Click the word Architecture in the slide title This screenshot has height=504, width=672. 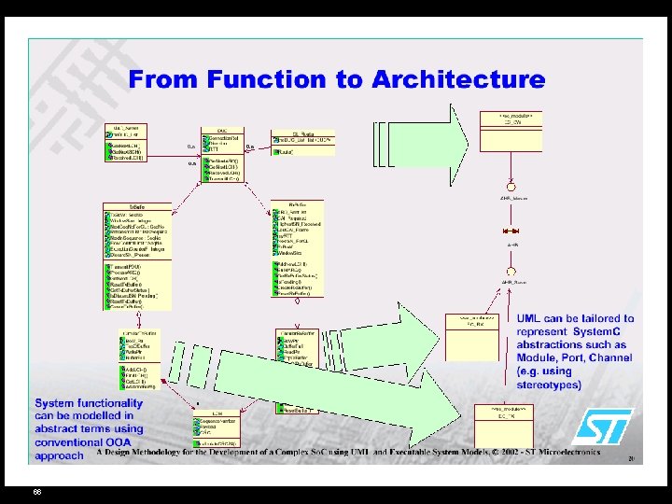pyautogui.click(x=458, y=80)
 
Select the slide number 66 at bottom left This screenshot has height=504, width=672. pyautogui.click(x=36, y=491)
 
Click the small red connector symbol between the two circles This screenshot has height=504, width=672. pyautogui.click(x=511, y=231)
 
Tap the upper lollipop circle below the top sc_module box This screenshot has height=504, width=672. pyautogui.click(x=511, y=184)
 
